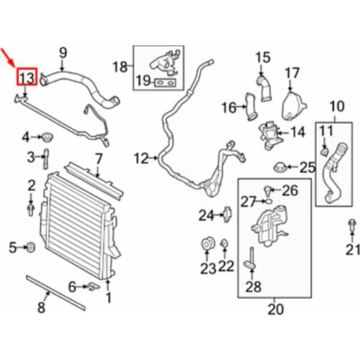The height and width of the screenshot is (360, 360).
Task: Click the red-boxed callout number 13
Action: pyautogui.click(x=27, y=76)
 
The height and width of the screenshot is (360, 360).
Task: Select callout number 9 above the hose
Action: pyautogui.click(x=63, y=52)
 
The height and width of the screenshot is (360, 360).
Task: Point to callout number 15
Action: pyautogui.click(x=262, y=56)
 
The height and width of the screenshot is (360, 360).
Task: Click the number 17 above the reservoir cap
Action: pyautogui.click(x=292, y=73)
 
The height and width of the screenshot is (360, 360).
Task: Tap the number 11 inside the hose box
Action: pyautogui.click(x=325, y=130)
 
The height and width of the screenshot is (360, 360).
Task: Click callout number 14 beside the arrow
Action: pyautogui.click(x=297, y=132)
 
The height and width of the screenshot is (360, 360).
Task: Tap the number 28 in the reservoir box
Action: pyautogui.click(x=253, y=288)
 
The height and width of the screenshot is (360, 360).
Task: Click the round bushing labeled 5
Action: pyautogui.click(x=32, y=248)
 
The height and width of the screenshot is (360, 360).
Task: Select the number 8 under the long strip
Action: pyautogui.click(x=41, y=309)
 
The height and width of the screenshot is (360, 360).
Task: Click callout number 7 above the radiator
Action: pyautogui.click(x=99, y=158)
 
